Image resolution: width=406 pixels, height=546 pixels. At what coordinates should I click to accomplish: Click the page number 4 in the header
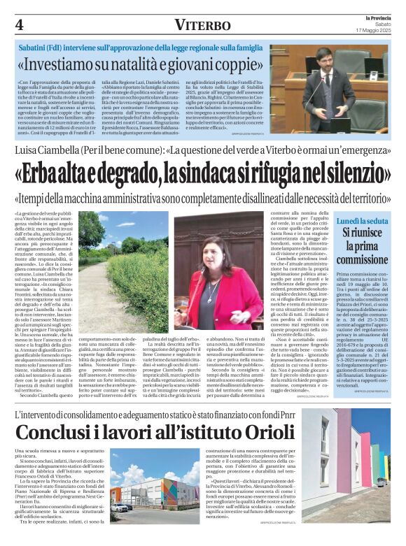19,24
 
